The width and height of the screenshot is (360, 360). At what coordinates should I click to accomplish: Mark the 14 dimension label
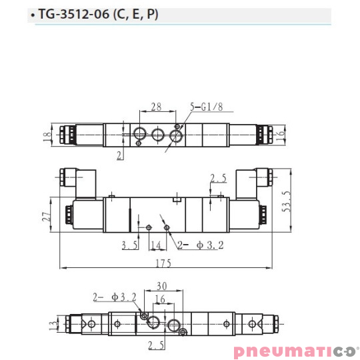pos(155,245)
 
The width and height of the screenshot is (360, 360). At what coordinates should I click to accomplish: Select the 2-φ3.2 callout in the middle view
pos(197,245)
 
